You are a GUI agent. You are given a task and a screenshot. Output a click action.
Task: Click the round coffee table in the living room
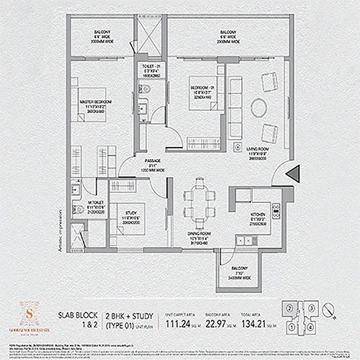(x=258, y=108)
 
